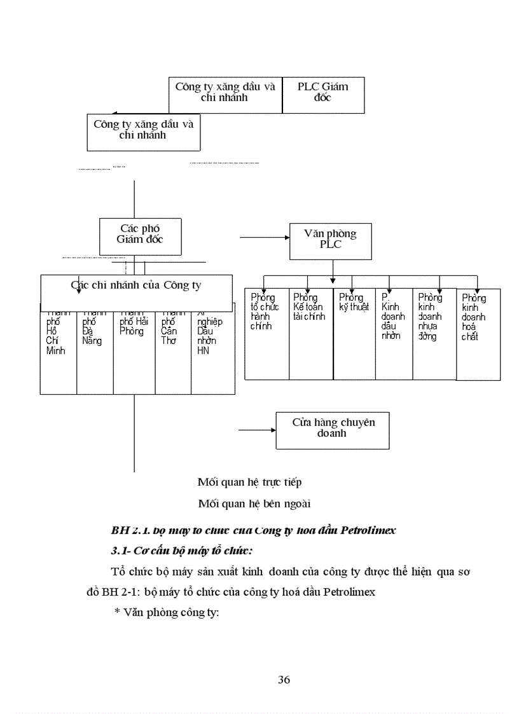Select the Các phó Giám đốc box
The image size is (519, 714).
point(140,235)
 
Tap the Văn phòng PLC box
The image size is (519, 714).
point(331,241)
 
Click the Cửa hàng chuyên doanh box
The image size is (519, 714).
point(332,430)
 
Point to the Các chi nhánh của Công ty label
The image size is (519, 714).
point(135,285)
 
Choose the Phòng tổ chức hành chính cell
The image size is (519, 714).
point(266,334)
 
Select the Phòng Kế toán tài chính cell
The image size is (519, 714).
point(310,334)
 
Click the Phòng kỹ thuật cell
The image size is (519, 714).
point(354,334)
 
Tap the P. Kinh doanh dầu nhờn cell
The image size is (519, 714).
point(393,334)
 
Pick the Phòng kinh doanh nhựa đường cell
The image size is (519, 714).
point(434,334)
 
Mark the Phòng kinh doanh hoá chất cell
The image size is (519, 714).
point(478,334)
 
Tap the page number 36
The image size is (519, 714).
point(284,680)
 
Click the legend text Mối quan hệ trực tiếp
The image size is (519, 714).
point(249,483)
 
